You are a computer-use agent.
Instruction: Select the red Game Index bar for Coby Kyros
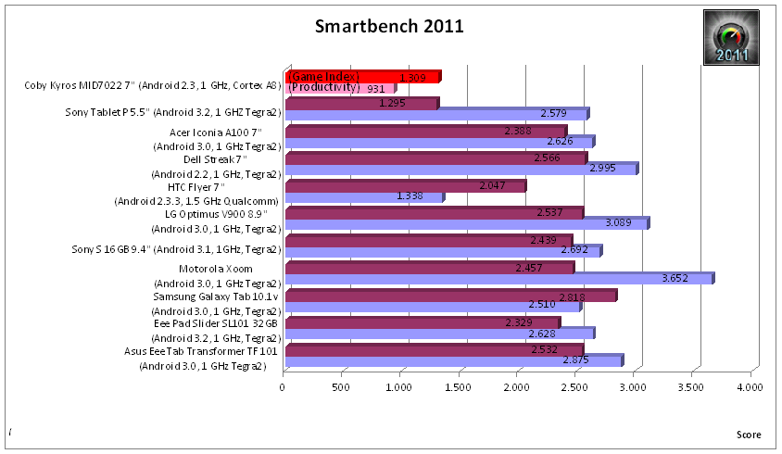361,77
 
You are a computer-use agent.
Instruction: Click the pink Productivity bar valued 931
339,89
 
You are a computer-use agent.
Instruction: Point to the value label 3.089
619,223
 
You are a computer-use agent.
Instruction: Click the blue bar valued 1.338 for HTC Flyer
363,196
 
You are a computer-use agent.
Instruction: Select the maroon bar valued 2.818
449,296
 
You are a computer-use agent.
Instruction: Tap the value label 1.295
394,104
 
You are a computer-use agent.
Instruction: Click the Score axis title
749,435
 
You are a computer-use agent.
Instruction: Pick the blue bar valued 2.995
460,169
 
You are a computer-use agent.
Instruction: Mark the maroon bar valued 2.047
405,186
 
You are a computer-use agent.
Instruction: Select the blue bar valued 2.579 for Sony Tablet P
435,114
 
